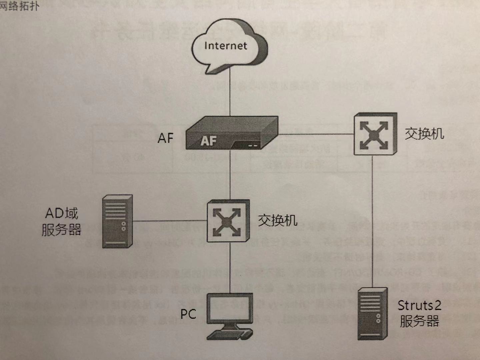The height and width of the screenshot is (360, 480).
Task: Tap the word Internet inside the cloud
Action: [226, 46]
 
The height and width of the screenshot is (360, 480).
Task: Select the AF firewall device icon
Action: [232, 133]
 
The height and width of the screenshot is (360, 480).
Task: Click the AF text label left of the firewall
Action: [165, 138]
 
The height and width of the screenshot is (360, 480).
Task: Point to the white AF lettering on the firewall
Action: [208, 141]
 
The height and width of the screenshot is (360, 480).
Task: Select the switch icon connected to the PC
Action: [228, 221]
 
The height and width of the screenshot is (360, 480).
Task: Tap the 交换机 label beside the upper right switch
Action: [424, 134]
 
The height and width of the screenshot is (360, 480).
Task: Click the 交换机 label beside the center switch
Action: [277, 220]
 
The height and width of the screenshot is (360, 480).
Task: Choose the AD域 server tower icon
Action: [117, 221]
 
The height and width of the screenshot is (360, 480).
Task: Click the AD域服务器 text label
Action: [62, 222]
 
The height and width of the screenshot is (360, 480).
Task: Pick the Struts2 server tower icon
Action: [372, 314]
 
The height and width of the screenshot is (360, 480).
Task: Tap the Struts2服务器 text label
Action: [419, 313]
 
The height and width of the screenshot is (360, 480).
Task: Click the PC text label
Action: [188, 314]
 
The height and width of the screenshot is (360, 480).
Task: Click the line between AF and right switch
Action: [315, 134]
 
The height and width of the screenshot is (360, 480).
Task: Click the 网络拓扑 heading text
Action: [19, 6]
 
